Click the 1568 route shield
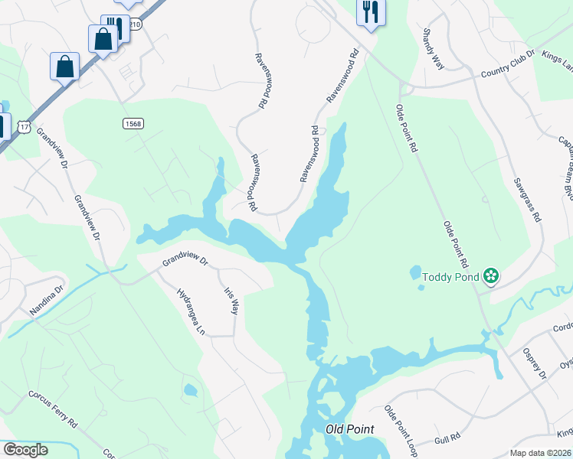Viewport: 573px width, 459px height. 133,123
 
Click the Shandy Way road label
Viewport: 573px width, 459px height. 433,50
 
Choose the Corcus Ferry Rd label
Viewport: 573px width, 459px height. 53,410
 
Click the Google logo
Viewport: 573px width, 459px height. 25,450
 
